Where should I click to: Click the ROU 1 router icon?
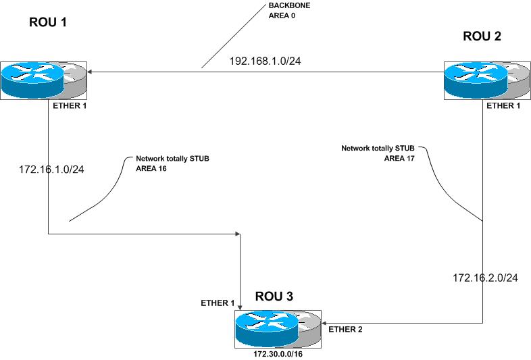pos(44,80)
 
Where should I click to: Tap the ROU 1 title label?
pos(49,22)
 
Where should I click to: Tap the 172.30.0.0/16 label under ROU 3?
pos(278,352)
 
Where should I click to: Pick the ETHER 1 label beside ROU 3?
pos(218,303)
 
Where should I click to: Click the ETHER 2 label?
pos(345,330)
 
